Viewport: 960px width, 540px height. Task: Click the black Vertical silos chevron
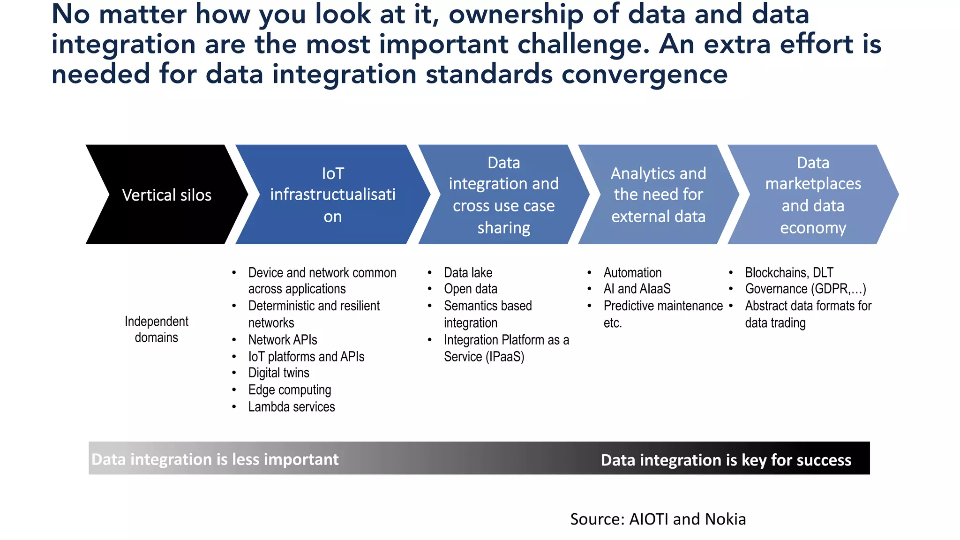click(x=166, y=195)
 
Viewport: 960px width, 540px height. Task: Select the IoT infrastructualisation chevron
click(x=332, y=195)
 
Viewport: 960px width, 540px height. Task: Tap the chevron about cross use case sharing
click(x=503, y=195)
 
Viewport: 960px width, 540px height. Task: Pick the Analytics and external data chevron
click(x=658, y=195)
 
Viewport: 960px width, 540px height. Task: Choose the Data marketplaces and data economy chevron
click(x=813, y=195)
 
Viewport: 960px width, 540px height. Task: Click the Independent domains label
click(x=156, y=329)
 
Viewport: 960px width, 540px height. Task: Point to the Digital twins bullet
click(x=278, y=373)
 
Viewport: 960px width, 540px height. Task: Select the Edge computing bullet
click(x=289, y=390)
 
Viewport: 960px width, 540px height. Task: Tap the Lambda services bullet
click(x=291, y=406)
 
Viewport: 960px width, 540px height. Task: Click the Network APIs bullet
click(x=282, y=339)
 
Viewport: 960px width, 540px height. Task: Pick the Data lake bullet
click(x=468, y=272)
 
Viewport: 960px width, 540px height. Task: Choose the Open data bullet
click(x=470, y=289)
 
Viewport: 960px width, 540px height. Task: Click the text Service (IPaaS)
click(x=484, y=357)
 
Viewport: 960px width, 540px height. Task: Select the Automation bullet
click(x=632, y=272)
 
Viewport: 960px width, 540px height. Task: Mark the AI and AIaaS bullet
click(x=637, y=289)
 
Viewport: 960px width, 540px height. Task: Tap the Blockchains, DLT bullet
click(x=789, y=272)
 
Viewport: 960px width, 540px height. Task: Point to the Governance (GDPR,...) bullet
click(x=805, y=289)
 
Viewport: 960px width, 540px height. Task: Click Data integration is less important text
click(x=215, y=459)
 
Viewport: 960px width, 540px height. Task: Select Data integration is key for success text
click(x=726, y=460)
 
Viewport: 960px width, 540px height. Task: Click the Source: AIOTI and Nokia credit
click(x=658, y=519)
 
